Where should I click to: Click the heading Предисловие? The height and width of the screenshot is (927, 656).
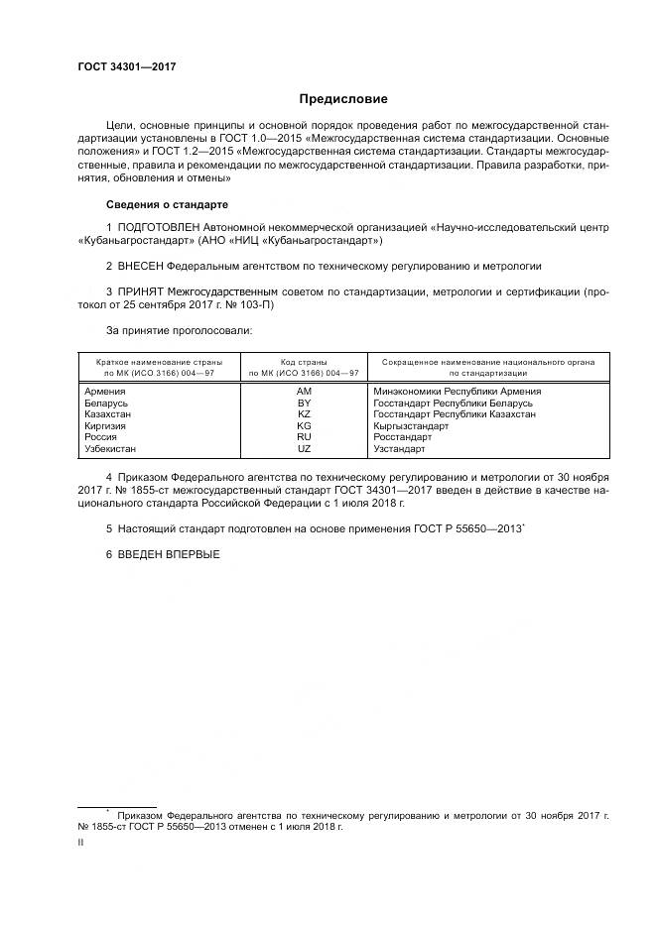(344, 99)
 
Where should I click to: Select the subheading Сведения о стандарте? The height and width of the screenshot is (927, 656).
(167, 204)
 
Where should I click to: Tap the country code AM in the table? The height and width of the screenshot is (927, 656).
(304, 393)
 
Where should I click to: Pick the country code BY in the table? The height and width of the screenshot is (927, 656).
(304, 404)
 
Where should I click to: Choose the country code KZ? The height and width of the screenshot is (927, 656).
(304, 414)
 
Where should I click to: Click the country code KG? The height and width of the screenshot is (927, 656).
(304, 426)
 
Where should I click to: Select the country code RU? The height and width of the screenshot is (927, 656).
(304, 437)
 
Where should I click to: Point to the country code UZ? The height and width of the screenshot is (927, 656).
(304, 449)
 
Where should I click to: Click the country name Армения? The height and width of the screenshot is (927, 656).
(106, 393)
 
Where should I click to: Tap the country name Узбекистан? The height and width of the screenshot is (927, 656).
(115, 449)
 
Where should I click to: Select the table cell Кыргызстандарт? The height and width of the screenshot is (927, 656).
(411, 426)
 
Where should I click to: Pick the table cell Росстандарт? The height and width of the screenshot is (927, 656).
(403, 437)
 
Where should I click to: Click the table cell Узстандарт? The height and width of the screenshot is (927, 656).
(399, 449)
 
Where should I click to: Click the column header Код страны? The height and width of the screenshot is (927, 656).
(304, 363)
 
